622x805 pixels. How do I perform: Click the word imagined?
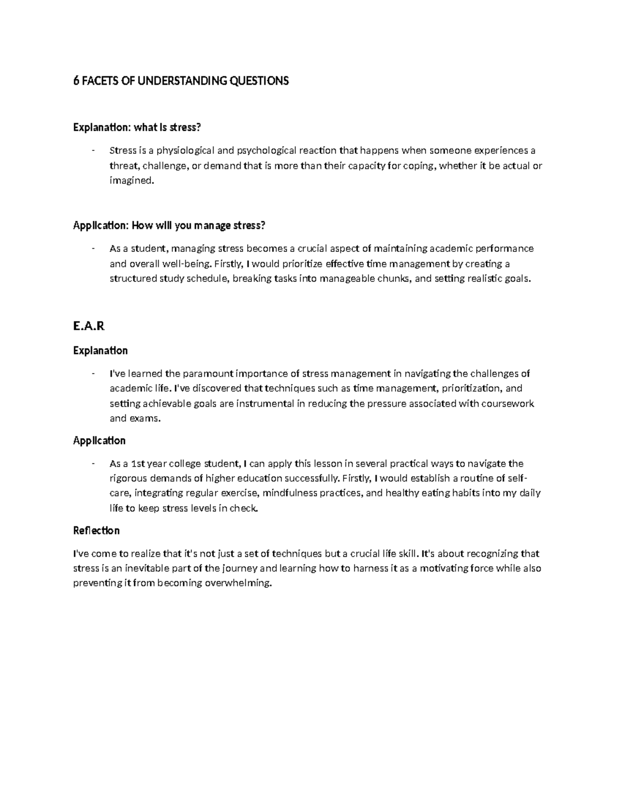coord(132,181)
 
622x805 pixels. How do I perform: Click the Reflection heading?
coord(96,530)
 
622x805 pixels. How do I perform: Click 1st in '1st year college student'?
coord(139,463)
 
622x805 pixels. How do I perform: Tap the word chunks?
coord(395,278)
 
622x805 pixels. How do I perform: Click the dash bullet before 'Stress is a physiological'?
coord(92,151)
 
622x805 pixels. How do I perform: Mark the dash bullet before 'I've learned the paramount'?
coord(92,374)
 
